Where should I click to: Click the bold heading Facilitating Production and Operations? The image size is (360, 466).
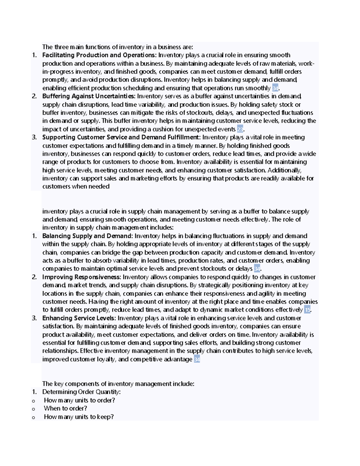[x=99, y=55]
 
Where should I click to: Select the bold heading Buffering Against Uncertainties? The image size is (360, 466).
[x=89, y=96]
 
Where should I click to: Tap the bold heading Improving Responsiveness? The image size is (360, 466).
[x=82, y=277]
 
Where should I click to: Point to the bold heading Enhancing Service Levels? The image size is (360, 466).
[x=79, y=318]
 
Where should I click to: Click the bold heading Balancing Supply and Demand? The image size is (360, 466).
[x=87, y=236]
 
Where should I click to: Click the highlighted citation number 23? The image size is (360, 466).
[x=240, y=129]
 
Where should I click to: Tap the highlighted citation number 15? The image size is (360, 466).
[x=307, y=310]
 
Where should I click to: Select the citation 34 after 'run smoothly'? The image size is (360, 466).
[x=275, y=88]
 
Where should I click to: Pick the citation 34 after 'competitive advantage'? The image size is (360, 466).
[x=197, y=359]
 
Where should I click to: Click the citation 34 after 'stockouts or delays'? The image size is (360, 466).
[x=257, y=269]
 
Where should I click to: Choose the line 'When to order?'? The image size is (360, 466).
[x=65, y=408]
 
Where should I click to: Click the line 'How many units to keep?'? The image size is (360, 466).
[x=79, y=417]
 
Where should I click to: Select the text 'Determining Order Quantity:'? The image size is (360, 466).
[x=81, y=392]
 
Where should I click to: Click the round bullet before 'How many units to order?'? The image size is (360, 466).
[x=33, y=401]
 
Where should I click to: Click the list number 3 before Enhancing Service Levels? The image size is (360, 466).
[x=34, y=318]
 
